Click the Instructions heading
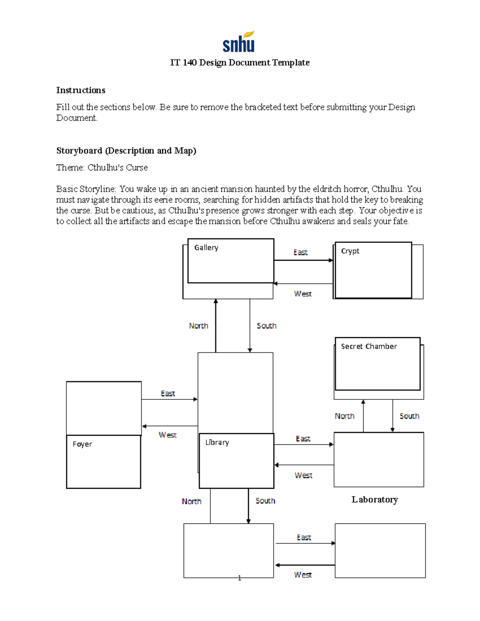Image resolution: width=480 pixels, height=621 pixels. point(80,90)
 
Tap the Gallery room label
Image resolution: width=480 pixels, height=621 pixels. point(206,248)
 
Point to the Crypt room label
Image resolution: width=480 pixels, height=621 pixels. point(350,251)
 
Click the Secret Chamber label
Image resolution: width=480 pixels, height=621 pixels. point(368,347)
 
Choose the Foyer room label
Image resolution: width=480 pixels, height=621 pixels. point(82,444)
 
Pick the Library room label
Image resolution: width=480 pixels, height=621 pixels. point(217,443)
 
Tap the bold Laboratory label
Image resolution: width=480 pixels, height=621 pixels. point(374,499)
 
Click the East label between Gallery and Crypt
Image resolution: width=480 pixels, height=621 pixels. point(300,253)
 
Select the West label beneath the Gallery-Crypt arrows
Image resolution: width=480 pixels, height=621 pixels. point(303,294)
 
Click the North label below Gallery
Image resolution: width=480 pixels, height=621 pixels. point(198,326)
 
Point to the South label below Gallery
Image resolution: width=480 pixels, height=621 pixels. point(266,326)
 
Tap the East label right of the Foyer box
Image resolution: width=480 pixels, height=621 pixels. point(168,394)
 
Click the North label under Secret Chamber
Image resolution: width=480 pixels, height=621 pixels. point(344,416)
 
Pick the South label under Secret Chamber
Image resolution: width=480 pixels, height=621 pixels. point(409,416)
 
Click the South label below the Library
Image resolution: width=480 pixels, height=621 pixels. point(265,501)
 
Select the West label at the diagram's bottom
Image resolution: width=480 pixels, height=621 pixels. point(303,575)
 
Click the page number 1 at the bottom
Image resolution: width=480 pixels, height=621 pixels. point(239,578)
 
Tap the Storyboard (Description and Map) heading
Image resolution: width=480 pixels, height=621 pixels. point(126,151)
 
